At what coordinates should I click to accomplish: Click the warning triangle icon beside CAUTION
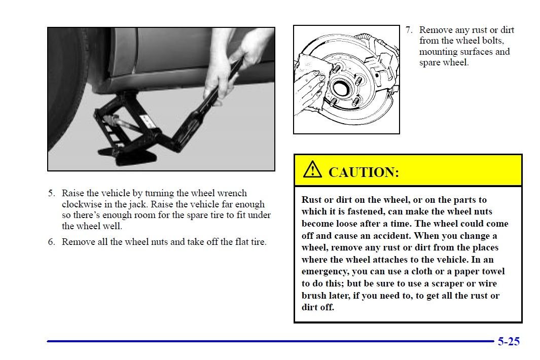point(313,170)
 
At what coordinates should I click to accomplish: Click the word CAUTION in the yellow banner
point(364,172)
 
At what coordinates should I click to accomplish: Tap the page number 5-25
point(508,341)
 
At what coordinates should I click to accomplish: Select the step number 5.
point(51,193)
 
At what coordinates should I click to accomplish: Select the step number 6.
point(51,242)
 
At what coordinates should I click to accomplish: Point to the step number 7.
point(409,30)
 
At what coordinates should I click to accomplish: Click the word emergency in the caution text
point(323,271)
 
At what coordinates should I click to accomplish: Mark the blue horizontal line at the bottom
point(269,341)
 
